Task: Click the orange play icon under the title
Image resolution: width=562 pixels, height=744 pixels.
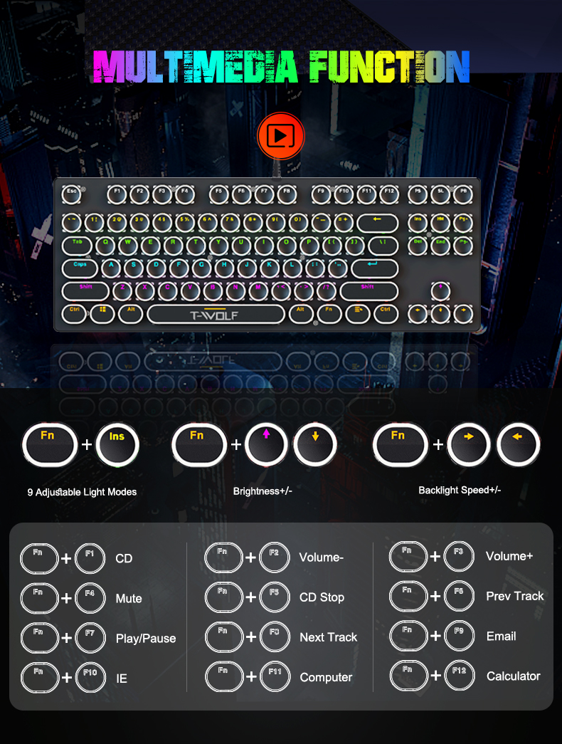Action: (280, 135)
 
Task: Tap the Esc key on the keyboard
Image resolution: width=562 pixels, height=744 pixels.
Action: (72, 194)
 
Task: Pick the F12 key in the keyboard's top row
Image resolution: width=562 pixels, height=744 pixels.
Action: (388, 194)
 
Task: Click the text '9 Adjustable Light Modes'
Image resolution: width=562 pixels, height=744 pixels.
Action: (82, 492)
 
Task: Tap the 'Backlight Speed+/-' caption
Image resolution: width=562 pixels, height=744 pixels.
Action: (460, 490)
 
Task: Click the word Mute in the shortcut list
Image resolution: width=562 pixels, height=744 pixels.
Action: (129, 599)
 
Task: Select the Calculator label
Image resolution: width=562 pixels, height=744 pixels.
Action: (513, 676)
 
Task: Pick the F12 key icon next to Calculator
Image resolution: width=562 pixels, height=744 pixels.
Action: (459, 674)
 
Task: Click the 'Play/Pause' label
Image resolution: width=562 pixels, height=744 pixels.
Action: (146, 639)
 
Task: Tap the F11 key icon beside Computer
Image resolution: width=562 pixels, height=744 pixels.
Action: (275, 676)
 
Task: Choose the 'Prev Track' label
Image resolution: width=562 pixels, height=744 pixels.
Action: (515, 596)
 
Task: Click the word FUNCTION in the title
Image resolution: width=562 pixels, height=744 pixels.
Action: (389, 67)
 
